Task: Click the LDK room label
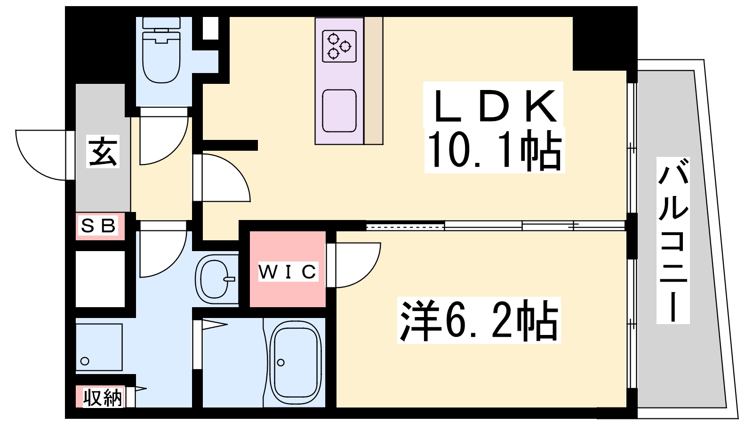click(x=493, y=106)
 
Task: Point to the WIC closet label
click(x=288, y=272)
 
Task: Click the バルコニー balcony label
click(x=673, y=240)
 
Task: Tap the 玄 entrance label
click(x=103, y=152)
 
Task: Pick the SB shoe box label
click(x=98, y=226)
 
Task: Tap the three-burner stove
click(x=339, y=46)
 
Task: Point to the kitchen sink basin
click(x=339, y=111)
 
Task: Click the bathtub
click(x=296, y=362)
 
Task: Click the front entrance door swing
click(x=42, y=155)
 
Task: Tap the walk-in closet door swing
click(x=353, y=264)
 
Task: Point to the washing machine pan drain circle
click(x=85, y=361)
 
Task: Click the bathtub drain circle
click(x=281, y=362)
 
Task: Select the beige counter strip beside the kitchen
click(x=373, y=80)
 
